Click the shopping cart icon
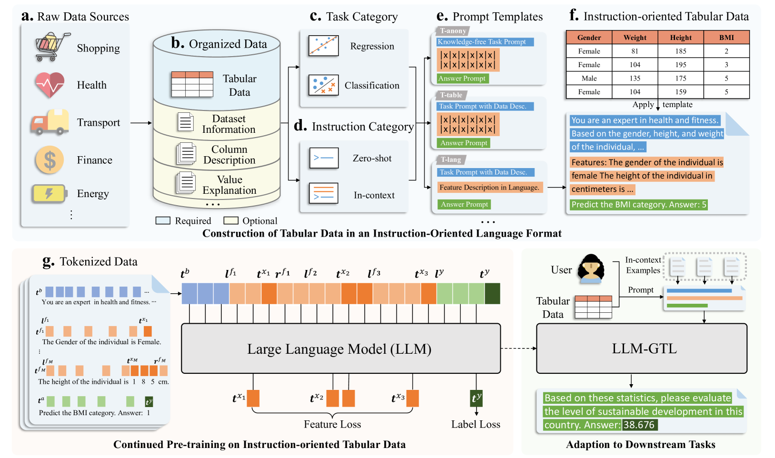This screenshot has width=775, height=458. (52, 47)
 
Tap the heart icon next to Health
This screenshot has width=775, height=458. (50, 85)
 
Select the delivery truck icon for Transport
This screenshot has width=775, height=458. (50, 122)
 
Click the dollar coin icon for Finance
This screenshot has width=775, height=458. (50, 160)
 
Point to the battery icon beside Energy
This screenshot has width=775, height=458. (49, 193)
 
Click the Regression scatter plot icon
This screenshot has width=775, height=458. (323, 46)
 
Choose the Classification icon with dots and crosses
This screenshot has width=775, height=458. (323, 85)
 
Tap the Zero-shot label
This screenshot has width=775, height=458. (372, 159)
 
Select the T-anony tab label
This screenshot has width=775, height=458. (453, 31)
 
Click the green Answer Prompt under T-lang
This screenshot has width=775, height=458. (464, 204)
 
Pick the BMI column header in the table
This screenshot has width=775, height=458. (726, 38)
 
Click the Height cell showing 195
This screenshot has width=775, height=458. (681, 65)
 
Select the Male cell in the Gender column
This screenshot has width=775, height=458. (589, 78)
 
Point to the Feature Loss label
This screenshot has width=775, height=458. (332, 424)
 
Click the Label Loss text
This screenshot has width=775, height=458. (476, 424)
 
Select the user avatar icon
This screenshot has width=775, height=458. (591, 269)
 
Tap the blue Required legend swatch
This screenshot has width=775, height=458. (163, 220)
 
